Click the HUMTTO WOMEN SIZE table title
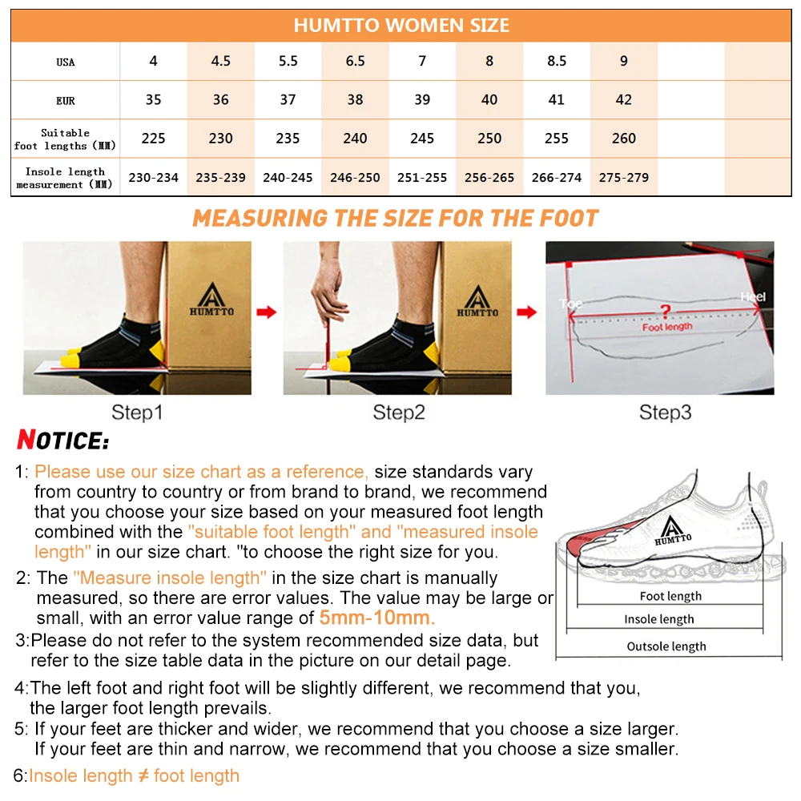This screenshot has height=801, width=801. [x=400, y=25]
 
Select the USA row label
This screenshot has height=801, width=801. [x=66, y=62]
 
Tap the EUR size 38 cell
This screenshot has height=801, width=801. [x=355, y=100]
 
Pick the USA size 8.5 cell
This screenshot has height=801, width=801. [x=557, y=62]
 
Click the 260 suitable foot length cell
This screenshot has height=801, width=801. [x=624, y=139]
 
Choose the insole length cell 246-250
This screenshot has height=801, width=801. [x=355, y=178]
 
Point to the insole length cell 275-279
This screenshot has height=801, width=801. [x=624, y=178]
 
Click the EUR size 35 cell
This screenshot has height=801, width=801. [x=153, y=100]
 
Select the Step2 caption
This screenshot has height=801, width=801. [x=398, y=413]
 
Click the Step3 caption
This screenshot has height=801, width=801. [x=665, y=413]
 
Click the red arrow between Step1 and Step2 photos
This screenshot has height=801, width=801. [x=267, y=312]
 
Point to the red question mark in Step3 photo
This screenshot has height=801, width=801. [x=664, y=311]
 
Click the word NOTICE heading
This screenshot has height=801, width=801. [x=62, y=441]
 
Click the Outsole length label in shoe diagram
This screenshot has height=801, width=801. [x=666, y=646]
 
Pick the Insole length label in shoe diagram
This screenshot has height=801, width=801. [x=659, y=619]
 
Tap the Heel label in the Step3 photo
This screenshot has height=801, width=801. [x=752, y=296]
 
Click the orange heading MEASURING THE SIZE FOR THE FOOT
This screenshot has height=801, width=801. [x=396, y=218]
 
